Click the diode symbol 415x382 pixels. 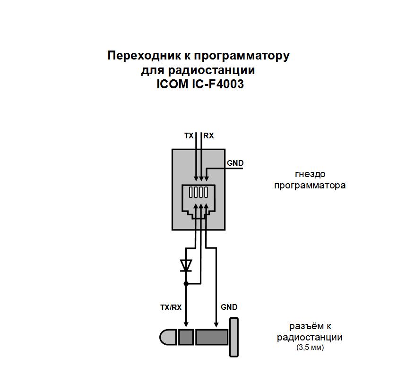coord(186,266)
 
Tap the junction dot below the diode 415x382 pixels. coord(186,284)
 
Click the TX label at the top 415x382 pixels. coord(189,136)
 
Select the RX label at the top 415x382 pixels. coord(208,136)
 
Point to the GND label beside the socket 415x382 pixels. coord(235,163)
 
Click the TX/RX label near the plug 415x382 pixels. coord(171,307)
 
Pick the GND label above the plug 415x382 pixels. coord(229,307)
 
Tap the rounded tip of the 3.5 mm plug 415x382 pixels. coord(168,337)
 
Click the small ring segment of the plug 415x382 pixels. coord(186,337)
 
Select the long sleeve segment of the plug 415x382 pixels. coord(212,337)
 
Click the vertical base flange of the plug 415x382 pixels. coord(234,337)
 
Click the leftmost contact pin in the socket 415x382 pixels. coord(191,192)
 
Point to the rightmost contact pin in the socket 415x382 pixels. coord(206,192)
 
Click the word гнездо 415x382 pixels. coord(310,174)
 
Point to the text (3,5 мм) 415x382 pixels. coord(310,347)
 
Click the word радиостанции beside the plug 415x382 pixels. coord(310,338)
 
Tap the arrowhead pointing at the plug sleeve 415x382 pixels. coord(216,324)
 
